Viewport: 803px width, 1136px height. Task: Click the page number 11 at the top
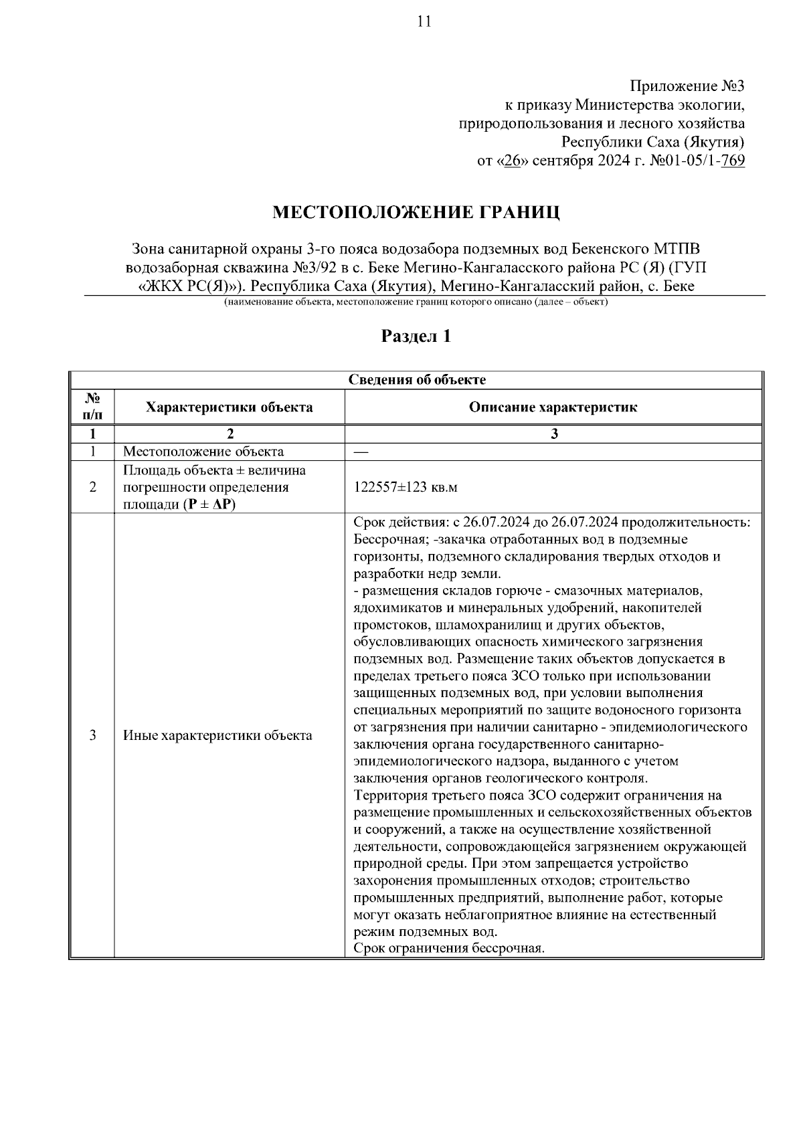click(424, 21)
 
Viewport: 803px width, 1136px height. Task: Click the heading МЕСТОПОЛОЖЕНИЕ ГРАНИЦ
click(416, 213)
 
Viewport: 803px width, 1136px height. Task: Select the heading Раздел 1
click(416, 336)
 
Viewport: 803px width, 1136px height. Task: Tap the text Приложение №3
click(687, 86)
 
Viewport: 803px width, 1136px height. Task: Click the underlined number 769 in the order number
click(733, 161)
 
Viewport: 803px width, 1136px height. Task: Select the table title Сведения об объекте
click(417, 380)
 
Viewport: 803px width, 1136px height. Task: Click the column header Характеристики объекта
click(230, 407)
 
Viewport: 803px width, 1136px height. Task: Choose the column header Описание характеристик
click(553, 407)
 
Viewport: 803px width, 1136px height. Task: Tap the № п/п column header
click(92, 407)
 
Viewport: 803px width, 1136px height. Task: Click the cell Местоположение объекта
click(203, 452)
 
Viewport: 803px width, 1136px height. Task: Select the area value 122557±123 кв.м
click(406, 487)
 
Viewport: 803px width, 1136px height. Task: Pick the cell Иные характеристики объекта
click(217, 736)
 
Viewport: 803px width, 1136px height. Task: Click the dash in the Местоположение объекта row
click(361, 452)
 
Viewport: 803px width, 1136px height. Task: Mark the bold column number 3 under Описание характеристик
click(553, 434)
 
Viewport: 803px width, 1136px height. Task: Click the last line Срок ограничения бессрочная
click(450, 949)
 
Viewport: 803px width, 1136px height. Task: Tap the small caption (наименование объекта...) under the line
click(416, 302)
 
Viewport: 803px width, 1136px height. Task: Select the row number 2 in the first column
click(92, 487)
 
